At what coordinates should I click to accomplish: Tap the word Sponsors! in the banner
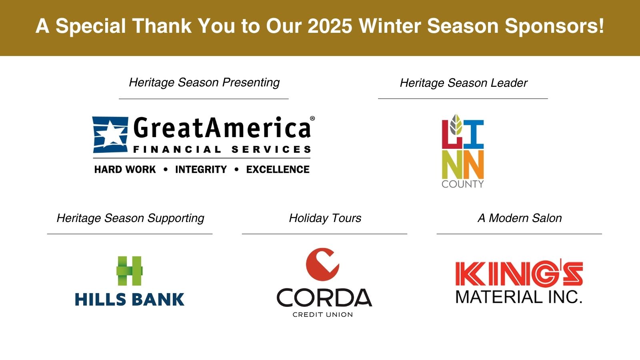(x=554, y=26)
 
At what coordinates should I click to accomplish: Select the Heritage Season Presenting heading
(x=204, y=82)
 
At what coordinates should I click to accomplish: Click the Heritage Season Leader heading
(x=464, y=83)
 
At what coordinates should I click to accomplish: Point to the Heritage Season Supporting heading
(x=130, y=218)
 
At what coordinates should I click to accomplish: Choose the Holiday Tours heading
(x=325, y=218)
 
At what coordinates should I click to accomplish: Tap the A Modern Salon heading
(x=520, y=218)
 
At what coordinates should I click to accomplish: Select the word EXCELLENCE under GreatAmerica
(x=278, y=170)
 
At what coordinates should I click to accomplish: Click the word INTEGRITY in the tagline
(x=201, y=170)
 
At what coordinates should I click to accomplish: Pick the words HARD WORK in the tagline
(x=125, y=170)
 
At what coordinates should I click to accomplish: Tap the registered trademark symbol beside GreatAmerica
(x=312, y=118)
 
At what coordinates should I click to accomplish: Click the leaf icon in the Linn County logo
(x=456, y=124)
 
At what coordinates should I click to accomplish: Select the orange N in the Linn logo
(x=474, y=165)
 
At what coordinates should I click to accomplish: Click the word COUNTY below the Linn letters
(x=462, y=184)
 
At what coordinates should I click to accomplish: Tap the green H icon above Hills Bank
(x=130, y=271)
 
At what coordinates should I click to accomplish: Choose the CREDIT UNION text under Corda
(x=323, y=314)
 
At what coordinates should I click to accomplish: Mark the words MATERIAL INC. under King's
(x=519, y=297)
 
